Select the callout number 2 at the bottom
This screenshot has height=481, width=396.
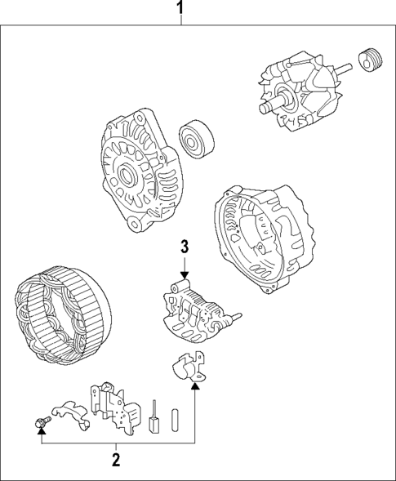tap(116, 459)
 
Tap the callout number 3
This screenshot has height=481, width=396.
tap(185, 246)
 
